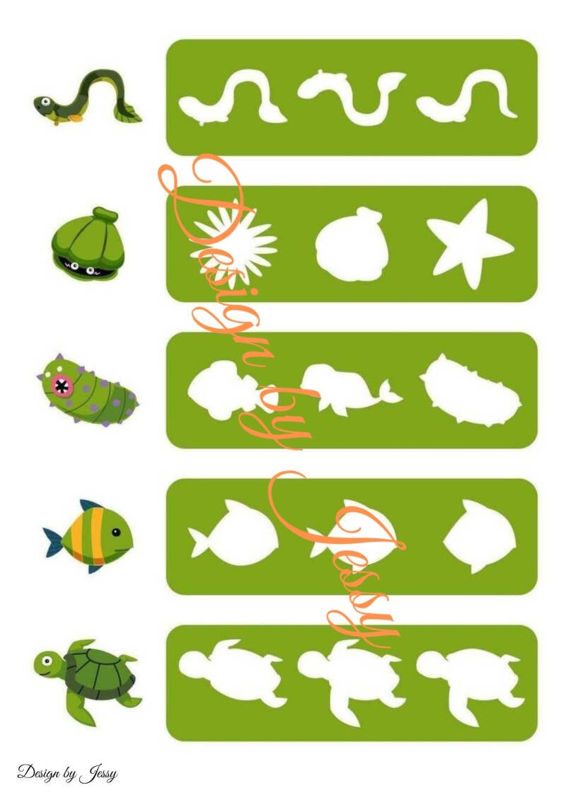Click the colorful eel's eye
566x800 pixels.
[x=46, y=101]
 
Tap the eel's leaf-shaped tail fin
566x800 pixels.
[x=128, y=113]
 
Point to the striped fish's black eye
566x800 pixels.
[x=116, y=532]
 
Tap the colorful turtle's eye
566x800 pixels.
[x=47, y=661]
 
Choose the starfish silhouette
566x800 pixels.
[x=470, y=244]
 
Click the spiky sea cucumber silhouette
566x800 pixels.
[x=470, y=390]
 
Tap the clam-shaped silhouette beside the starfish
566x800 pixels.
[x=352, y=243]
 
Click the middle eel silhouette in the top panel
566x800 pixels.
[x=351, y=98]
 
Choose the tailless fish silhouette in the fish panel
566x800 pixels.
[x=480, y=535]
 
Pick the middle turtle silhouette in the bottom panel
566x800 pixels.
[x=352, y=681]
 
